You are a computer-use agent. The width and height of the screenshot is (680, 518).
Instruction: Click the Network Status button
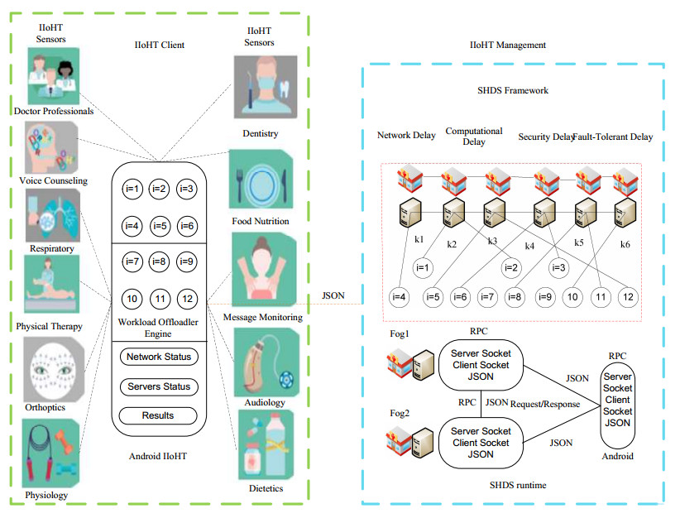[x=158, y=357]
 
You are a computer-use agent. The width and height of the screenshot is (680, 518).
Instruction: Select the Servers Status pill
[x=158, y=386]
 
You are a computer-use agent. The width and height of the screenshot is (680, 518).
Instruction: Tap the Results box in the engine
[x=158, y=415]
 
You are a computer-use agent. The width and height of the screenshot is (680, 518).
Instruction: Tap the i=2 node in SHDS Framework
[x=510, y=266]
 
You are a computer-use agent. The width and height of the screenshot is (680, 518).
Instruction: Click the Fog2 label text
[x=400, y=412]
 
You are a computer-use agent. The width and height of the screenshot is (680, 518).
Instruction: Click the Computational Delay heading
[x=474, y=136]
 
